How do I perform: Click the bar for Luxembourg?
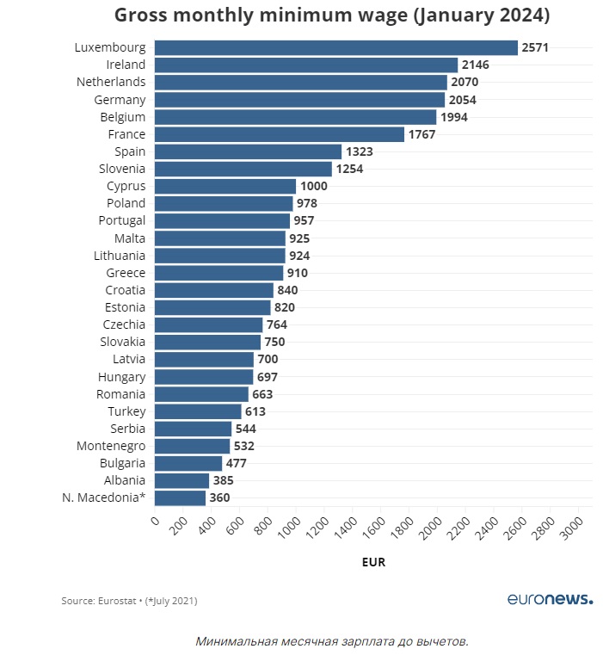click(x=335, y=47)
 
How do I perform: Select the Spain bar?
click(x=248, y=151)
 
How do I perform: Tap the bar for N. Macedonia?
click(x=180, y=497)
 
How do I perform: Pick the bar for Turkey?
click(x=198, y=411)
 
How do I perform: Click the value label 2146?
click(x=475, y=65)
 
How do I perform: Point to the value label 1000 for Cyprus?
click(x=313, y=186)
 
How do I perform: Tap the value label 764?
click(x=276, y=324)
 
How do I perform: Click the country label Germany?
click(x=120, y=99)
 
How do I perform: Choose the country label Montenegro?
click(x=111, y=446)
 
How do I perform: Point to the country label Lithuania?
click(x=120, y=256)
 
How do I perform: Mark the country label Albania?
click(x=125, y=480)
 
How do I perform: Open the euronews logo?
click(x=549, y=599)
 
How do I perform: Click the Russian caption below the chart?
click(x=331, y=641)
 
